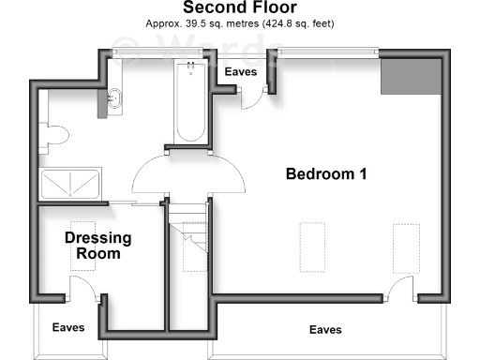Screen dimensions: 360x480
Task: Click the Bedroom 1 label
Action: pos(325,173)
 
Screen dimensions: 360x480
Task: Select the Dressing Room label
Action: pos(97,246)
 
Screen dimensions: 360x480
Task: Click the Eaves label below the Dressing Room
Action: pos(68,328)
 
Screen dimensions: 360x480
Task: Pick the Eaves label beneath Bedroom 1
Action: pos(325,330)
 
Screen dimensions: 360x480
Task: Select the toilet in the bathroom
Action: pos(52,136)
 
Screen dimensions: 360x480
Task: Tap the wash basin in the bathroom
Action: pos(112,97)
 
